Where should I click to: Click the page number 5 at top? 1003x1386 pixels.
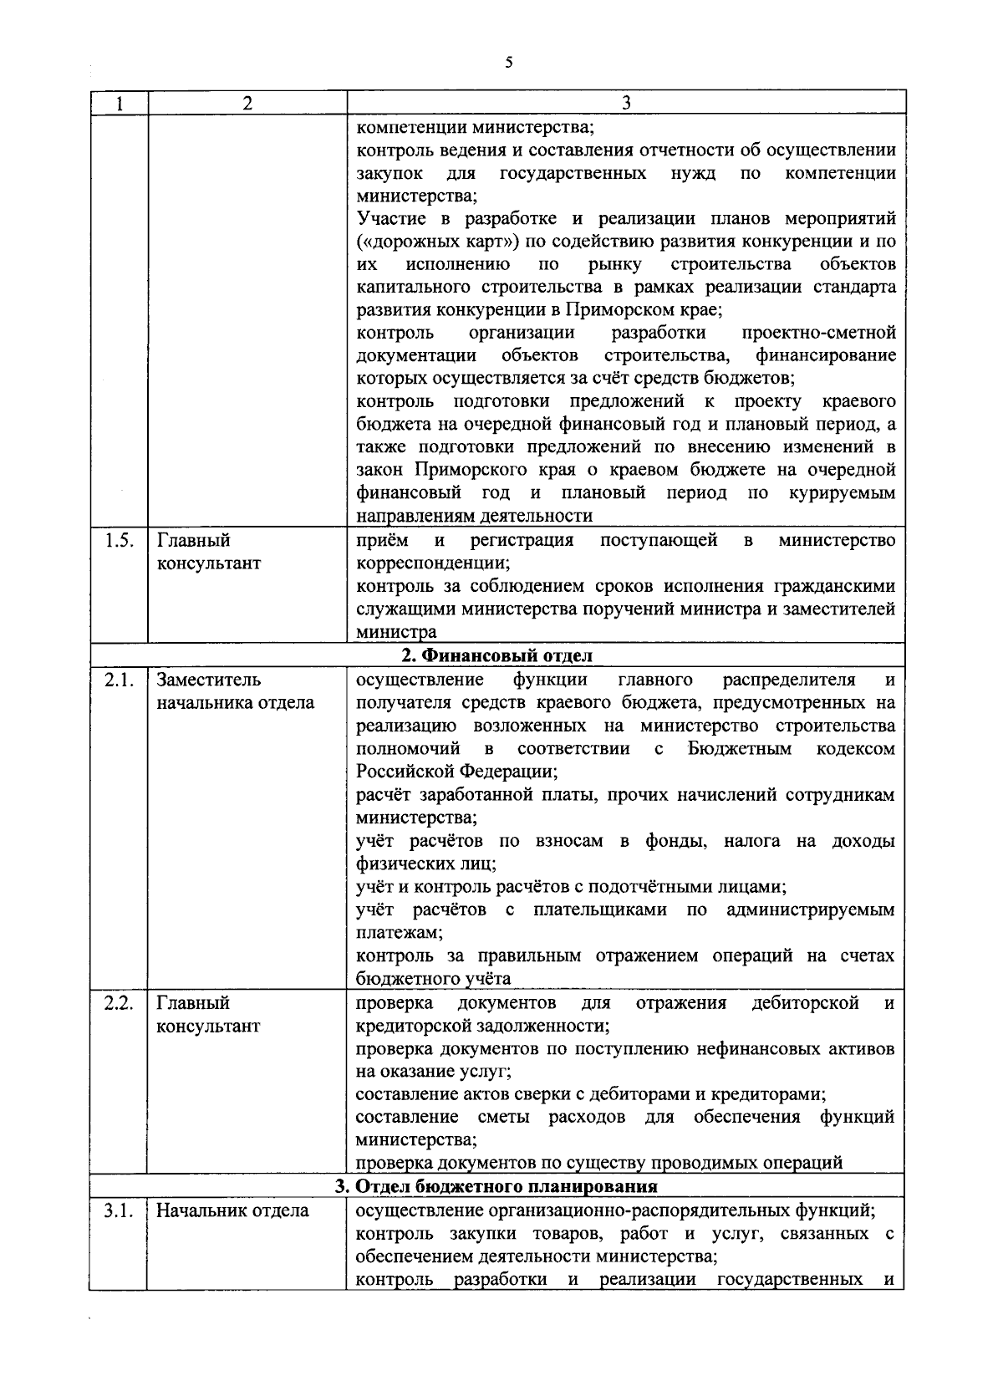point(508,63)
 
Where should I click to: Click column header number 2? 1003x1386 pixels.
point(247,104)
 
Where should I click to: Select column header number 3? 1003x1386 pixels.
point(626,104)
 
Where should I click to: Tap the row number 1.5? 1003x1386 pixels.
point(119,540)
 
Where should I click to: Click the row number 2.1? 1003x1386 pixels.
point(119,679)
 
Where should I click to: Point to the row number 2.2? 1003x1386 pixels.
point(119,1002)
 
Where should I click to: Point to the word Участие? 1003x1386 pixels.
point(389,219)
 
